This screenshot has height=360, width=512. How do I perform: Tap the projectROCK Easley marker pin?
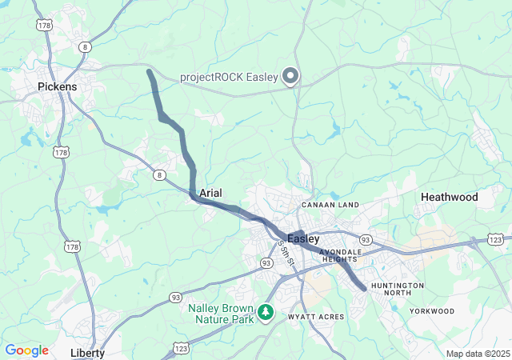point(290,77)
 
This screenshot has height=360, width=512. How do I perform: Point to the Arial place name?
point(210,193)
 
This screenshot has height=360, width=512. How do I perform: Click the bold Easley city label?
point(303,238)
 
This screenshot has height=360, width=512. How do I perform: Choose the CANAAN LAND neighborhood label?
point(330,206)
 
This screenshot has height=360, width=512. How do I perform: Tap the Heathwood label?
point(449,197)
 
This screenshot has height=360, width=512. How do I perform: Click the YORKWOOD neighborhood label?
point(432,310)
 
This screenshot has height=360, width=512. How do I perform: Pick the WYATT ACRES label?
point(317,318)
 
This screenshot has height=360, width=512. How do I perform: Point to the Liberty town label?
point(87,352)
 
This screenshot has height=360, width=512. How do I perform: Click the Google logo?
point(26,350)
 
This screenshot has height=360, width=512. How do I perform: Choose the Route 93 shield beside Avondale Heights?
point(365,239)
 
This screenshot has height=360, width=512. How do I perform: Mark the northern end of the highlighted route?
point(150,72)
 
